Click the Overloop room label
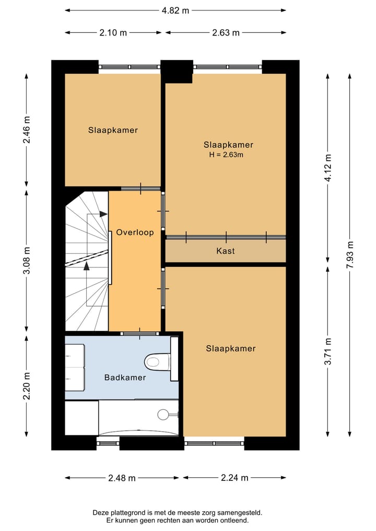click(x=135, y=232)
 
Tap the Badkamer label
click(x=125, y=377)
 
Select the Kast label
click(x=226, y=251)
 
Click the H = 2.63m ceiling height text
click(x=226, y=155)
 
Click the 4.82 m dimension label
click(x=175, y=10)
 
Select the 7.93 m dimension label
click(x=350, y=255)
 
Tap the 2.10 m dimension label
click(x=113, y=32)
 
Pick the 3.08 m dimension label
click(x=27, y=260)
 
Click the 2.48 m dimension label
click(x=122, y=478)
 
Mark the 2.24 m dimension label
click(x=235, y=478)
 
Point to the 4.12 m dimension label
click(x=327, y=167)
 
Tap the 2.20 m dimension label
click(x=27, y=385)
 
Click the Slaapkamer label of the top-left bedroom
click(x=113, y=130)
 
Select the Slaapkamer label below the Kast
click(x=231, y=348)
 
